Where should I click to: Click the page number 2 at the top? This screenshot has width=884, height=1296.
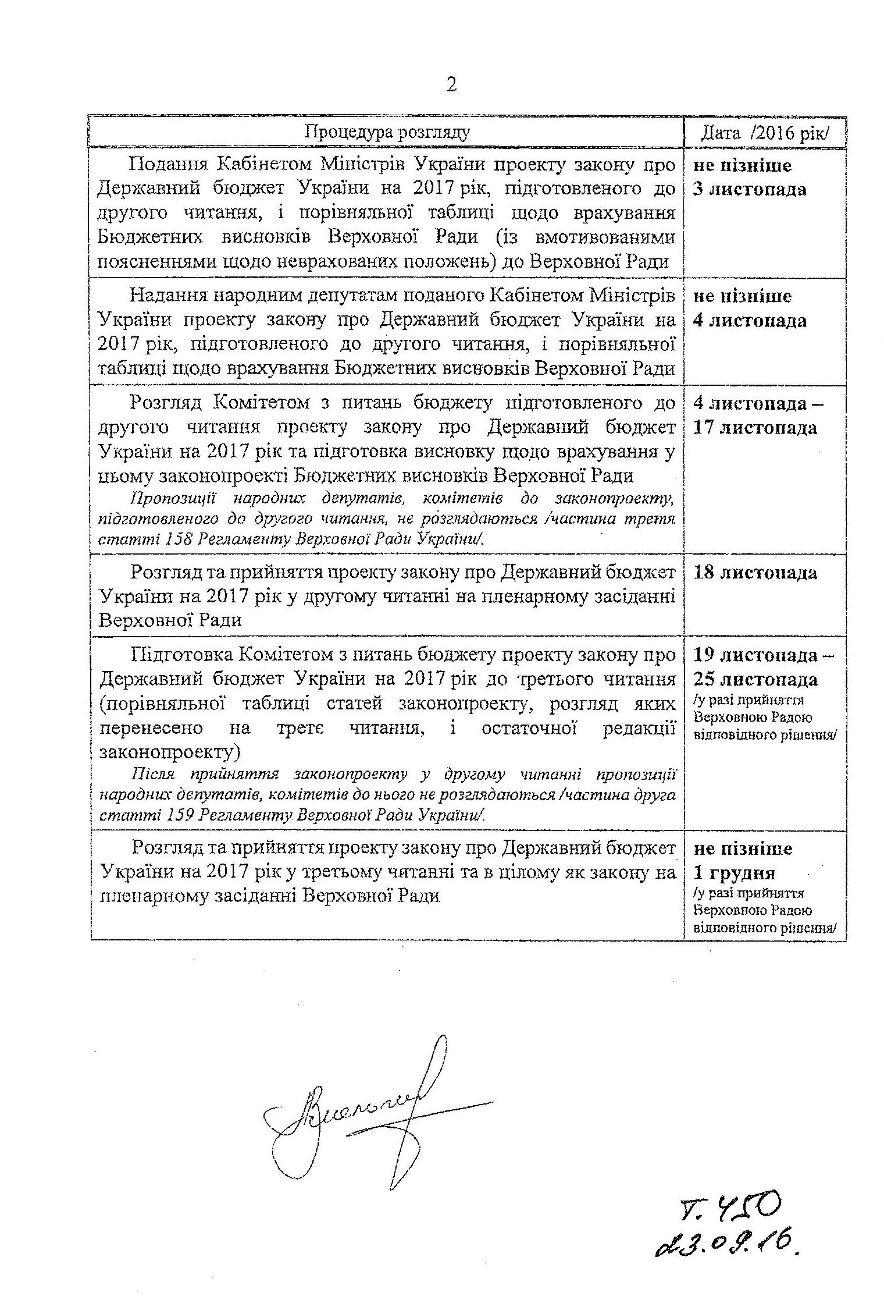[451, 86]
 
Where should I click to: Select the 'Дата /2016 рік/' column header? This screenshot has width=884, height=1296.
[764, 133]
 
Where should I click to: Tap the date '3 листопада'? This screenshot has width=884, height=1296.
[750, 190]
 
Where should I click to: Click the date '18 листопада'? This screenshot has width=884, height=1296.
[755, 573]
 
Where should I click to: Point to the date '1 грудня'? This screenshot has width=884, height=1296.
[735, 873]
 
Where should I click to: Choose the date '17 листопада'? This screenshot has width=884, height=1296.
[755, 428]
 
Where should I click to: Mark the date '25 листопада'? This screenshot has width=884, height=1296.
[755, 679]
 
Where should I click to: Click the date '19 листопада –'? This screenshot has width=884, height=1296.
[762, 655]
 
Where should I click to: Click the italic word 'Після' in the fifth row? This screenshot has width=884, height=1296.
[152, 775]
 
